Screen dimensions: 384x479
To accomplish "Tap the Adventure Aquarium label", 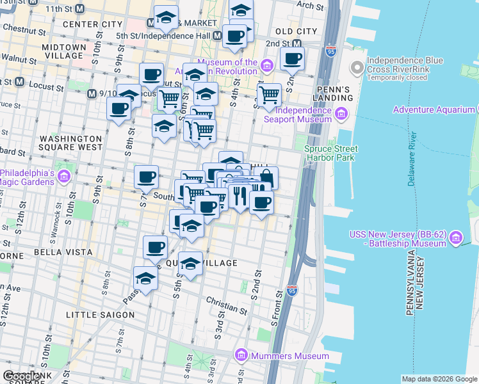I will pos(434,109).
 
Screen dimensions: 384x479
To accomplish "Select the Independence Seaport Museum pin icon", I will pos(341,115).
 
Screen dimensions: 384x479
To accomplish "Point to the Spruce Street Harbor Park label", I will pos(330,153).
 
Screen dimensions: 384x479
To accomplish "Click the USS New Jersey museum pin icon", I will pos(456,238).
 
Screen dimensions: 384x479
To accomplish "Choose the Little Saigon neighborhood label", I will pos(101,315).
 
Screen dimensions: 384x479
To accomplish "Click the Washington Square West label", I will pos(71,142).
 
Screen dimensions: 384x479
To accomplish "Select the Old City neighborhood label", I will pos(295,31).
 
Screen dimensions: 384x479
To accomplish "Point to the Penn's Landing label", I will pos(334,93).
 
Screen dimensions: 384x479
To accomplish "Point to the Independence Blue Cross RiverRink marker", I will pos(356,67).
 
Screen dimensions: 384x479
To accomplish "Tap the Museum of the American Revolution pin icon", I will pos(267,65).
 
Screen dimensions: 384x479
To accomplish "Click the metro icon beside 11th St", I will pos(80,9).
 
